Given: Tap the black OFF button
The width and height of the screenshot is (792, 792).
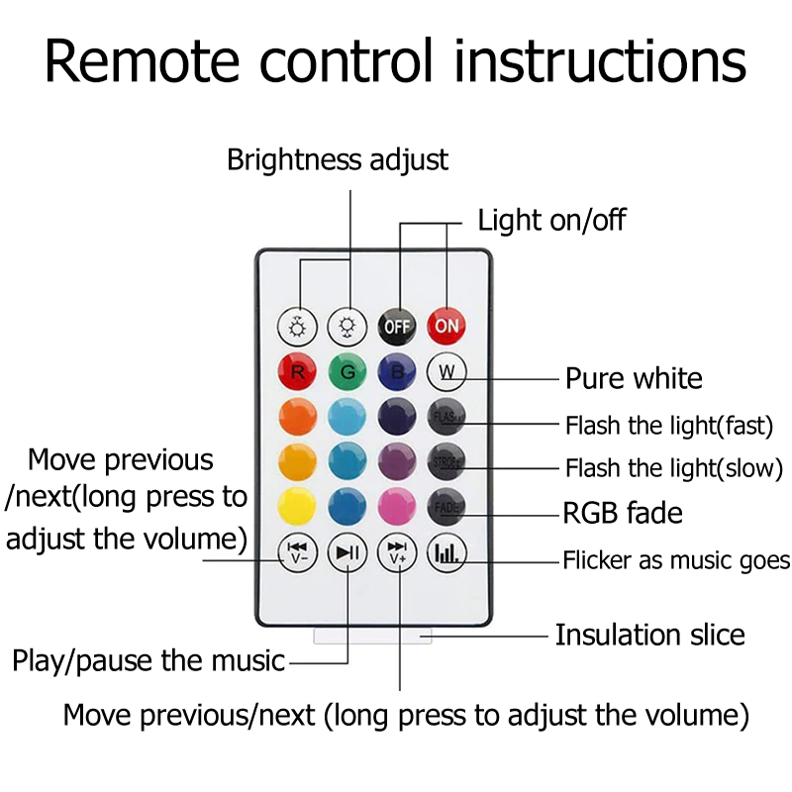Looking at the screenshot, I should pyautogui.click(x=397, y=326).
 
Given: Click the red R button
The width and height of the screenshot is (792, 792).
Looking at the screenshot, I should pyautogui.click(x=298, y=373).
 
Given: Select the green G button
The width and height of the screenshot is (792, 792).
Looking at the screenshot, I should pyautogui.click(x=347, y=373).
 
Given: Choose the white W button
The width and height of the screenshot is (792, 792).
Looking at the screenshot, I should pyautogui.click(x=446, y=373).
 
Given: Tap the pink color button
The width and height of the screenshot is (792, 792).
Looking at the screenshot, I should pyautogui.click(x=397, y=507).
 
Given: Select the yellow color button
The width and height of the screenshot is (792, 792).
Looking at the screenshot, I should pyautogui.click(x=298, y=507).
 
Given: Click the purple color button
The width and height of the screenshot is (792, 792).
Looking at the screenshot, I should pyautogui.click(x=397, y=461).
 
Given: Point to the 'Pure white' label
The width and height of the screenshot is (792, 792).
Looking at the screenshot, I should pyautogui.click(x=634, y=378).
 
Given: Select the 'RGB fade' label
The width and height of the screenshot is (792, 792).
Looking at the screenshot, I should pyautogui.click(x=623, y=513).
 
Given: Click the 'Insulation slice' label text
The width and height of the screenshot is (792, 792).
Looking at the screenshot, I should pyautogui.click(x=649, y=635).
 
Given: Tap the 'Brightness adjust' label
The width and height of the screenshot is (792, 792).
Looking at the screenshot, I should pyautogui.click(x=338, y=159).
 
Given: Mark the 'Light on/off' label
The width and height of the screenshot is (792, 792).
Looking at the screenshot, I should pyautogui.click(x=551, y=220).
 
